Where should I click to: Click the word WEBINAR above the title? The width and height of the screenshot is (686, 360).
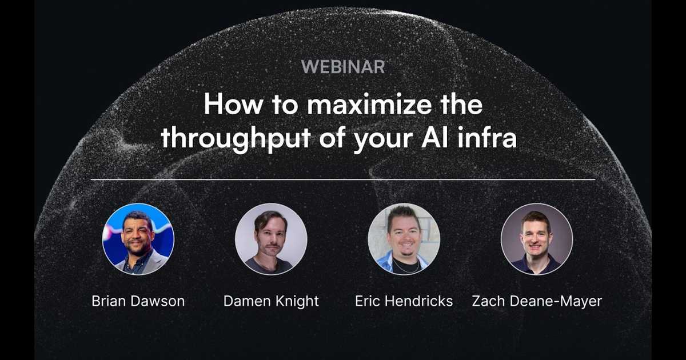click(343, 67)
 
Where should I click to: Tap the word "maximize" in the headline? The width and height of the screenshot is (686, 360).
click(369, 104)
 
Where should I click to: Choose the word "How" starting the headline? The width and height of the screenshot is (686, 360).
click(233, 104)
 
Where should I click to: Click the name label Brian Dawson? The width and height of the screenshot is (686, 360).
click(138, 301)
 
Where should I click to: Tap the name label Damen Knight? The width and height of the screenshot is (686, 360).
click(271, 302)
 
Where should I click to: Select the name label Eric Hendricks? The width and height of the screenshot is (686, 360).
click(404, 301)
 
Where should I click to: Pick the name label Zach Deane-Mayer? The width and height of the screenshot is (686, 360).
click(537, 302)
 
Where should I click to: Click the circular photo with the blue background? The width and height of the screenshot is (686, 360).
click(138, 239)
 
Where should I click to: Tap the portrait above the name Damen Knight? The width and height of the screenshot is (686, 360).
click(271, 239)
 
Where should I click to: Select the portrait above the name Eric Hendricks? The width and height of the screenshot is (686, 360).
click(404, 239)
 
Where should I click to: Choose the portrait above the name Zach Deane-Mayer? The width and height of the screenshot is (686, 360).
click(537, 239)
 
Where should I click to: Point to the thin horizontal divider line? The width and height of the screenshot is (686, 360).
click(343, 179)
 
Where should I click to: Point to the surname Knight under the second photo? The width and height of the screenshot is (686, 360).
click(297, 302)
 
